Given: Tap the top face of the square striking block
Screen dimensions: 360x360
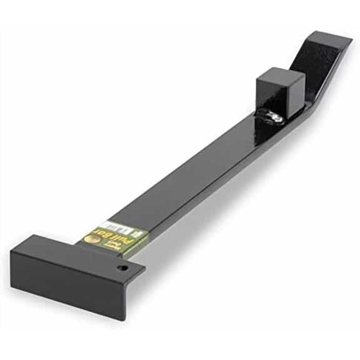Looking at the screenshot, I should point(281,76).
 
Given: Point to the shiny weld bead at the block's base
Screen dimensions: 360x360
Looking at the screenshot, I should point(270,116).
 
